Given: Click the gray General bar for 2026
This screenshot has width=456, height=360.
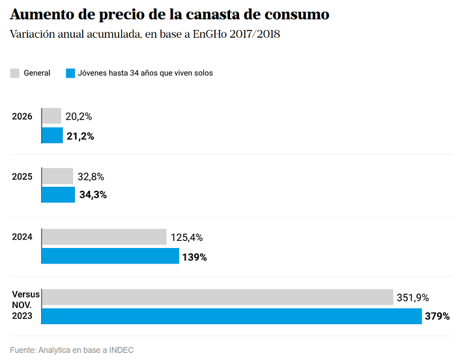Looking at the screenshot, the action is [x=51, y=116].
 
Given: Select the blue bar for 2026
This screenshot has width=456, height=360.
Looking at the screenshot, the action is [x=53, y=135].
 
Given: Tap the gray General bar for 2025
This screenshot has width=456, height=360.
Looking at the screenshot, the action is [x=57, y=176].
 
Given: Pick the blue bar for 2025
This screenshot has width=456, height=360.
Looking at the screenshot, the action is [x=59, y=195].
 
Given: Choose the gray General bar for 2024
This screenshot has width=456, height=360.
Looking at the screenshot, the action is [x=104, y=237].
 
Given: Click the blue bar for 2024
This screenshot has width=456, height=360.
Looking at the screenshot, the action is [x=111, y=256].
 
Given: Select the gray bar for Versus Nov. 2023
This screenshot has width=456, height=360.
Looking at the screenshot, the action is [x=218, y=297].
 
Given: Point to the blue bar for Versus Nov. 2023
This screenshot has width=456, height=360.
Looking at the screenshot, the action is [x=232, y=316].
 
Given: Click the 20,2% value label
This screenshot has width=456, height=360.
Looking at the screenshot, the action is [x=79, y=117].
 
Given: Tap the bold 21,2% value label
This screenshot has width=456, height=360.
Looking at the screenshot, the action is [x=80, y=136].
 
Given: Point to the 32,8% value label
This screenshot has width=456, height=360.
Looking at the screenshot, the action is [x=91, y=176].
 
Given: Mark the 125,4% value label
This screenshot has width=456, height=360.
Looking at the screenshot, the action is [x=187, y=238].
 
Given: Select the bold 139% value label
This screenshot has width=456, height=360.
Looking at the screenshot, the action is [x=195, y=257].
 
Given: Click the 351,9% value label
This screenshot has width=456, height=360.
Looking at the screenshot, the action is [x=412, y=298].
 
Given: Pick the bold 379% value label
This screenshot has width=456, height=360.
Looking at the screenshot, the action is [x=437, y=316].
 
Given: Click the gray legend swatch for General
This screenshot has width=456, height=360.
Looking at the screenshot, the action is [x=15, y=73].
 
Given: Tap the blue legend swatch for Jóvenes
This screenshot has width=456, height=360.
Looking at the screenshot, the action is [x=70, y=73].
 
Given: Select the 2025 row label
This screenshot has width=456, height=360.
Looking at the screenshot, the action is [x=22, y=176].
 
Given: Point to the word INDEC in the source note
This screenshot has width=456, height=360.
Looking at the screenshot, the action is [x=121, y=350].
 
